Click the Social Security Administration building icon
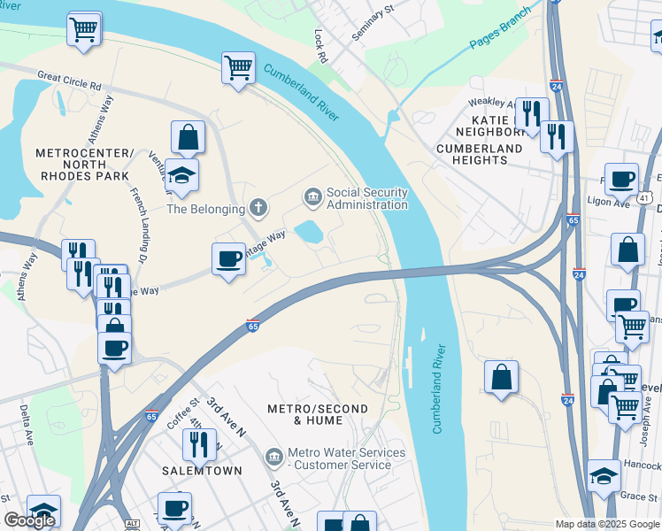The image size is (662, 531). point(312,196)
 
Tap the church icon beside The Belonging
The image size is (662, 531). point(258,209)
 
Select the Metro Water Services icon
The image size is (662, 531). point(274,457)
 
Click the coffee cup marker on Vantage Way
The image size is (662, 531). point(228,259)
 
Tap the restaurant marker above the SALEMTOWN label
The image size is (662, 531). point(199,444)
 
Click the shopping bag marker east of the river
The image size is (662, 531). point(501,377)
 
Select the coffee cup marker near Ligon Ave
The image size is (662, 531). point(621,180)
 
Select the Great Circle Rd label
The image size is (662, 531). point(68,80)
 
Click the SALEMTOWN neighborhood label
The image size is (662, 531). point(202,471)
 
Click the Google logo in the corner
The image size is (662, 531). point(29,520)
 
